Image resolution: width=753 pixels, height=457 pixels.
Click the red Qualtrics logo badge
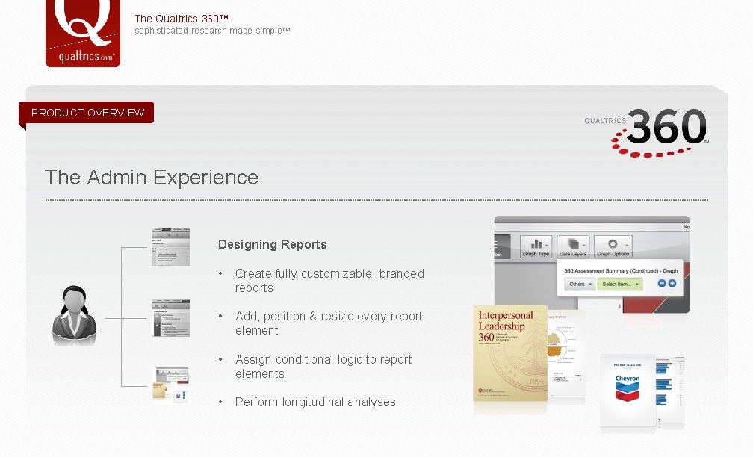pyautogui.click(x=82, y=34)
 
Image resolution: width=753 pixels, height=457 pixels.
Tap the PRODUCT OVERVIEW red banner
pyautogui.click(x=87, y=113)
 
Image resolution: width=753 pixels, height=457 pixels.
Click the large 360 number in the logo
pyautogui.click(x=666, y=128)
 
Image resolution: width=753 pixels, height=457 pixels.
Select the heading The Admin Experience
pyautogui.click(x=151, y=178)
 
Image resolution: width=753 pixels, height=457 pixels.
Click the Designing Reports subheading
pyautogui.click(x=272, y=244)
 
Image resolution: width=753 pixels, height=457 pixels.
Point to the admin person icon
pyautogui.click(x=74, y=316)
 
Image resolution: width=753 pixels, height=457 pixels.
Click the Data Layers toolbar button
pyautogui.click(x=573, y=247)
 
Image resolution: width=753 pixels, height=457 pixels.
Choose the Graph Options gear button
pyautogui.click(x=613, y=247)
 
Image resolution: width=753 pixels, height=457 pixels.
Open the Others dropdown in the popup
pyautogui.click(x=580, y=284)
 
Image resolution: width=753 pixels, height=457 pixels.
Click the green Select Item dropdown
pyautogui.click(x=619, y=284)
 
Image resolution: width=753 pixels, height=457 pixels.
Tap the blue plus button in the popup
pyautogui.click(x=672, y=284)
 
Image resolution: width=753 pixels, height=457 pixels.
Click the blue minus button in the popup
pyautogui.click(x=661, y=284)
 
